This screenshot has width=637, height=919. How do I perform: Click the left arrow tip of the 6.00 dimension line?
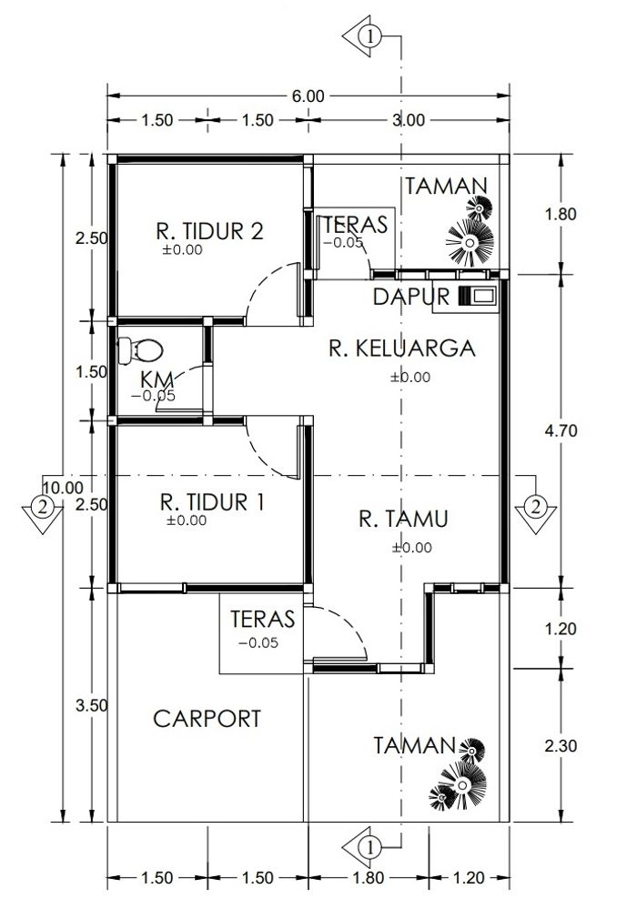(x=107, y=96)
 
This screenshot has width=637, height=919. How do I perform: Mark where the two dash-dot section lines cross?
(x=400, y=475)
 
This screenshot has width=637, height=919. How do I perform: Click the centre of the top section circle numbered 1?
(x=370, y=36)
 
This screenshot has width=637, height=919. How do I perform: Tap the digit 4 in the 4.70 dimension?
(x=549, y=430)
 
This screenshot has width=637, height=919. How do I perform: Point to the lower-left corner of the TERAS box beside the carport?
(x=219, y=673)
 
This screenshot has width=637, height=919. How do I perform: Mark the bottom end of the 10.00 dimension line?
(x=63, y=822)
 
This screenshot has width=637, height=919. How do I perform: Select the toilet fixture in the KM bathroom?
(x=140, y=350)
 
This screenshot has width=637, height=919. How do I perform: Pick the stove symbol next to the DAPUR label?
(x=478, y=296)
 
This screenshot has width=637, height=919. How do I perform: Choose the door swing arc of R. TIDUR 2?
(x=273, y=294)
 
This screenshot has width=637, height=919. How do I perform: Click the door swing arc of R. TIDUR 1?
(x=272, y=448)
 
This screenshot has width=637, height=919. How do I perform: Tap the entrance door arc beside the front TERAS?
(x=336, y=633)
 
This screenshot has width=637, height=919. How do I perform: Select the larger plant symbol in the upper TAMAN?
(x=470, y=242)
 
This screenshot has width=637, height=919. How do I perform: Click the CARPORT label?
(x=207, y=719)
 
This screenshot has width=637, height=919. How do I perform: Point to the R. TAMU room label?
(x=403, y=520)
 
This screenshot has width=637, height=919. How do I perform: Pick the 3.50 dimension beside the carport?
(x=92, y=705)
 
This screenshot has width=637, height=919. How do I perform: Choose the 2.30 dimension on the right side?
(x=561, y=745)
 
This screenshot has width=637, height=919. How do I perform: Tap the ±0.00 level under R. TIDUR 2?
(x=182, y=249)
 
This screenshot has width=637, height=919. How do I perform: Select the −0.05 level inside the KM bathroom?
(x=153, y=396)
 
